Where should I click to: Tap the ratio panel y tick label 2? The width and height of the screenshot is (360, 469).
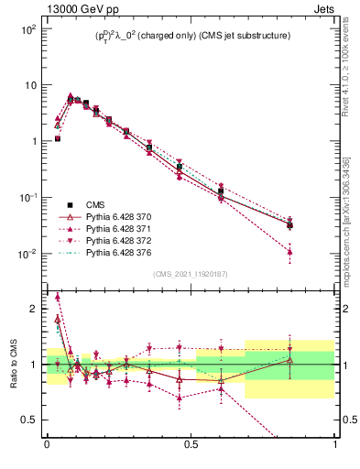(35, 309)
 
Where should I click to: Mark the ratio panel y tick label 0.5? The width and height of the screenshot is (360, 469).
(30, 420)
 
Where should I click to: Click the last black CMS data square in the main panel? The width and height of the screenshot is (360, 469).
(289, 224)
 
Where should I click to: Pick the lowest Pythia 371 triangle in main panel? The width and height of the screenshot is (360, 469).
(289, 251)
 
